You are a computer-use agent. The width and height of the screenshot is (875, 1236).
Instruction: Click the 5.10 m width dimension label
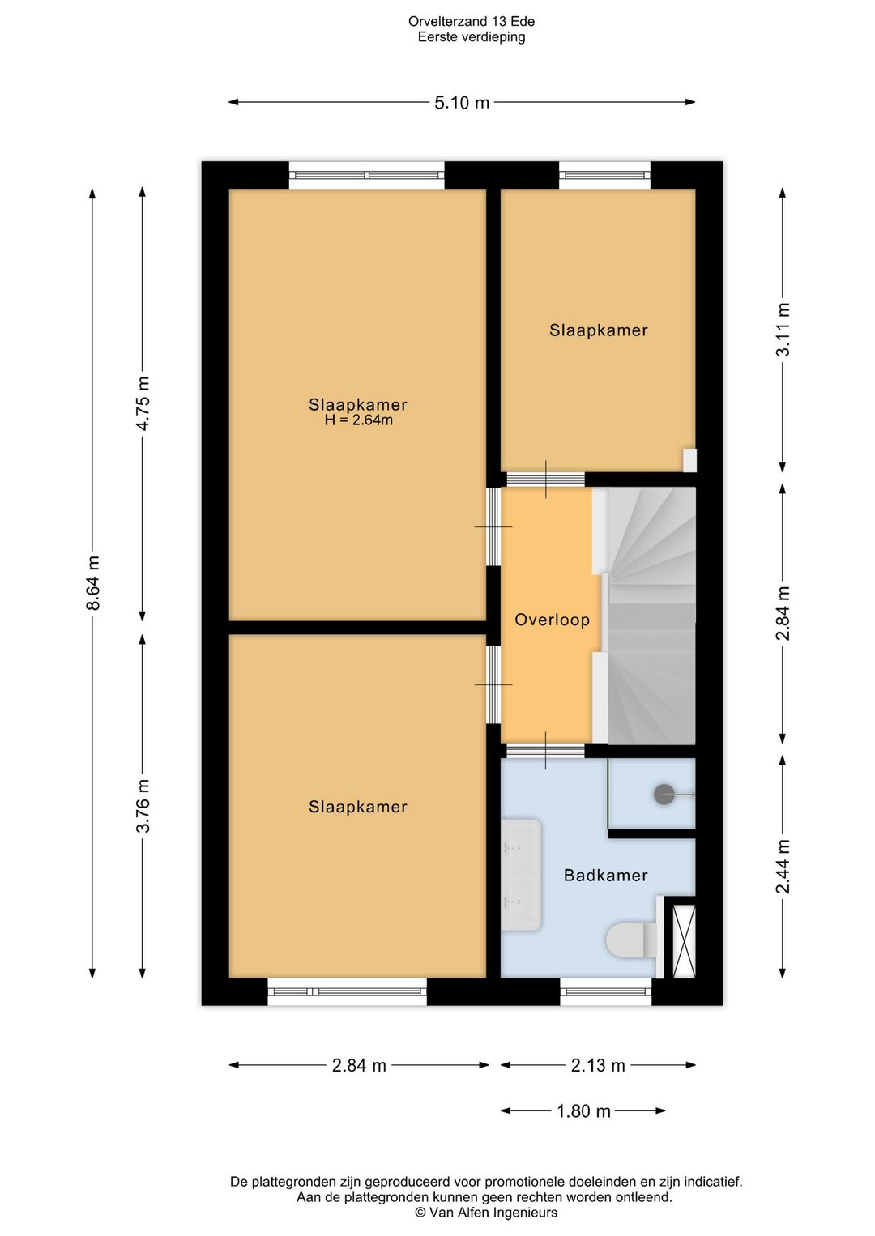[462, 103]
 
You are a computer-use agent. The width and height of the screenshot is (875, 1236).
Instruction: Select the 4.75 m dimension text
[143, 403]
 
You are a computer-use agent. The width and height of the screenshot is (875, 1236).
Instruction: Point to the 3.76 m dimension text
[143, 806]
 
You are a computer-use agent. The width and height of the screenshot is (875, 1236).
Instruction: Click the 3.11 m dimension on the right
[783, 329]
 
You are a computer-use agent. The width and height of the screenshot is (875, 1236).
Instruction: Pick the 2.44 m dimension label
[783, 867]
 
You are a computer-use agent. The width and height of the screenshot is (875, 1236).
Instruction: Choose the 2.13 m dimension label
[598, 1065]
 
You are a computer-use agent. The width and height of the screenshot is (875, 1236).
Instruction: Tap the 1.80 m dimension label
[583, 1110]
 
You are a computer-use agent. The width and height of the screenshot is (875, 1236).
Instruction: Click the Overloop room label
[552, 620]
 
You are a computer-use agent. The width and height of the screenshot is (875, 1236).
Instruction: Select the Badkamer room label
[605, 875]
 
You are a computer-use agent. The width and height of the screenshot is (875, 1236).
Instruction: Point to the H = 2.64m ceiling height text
[358, 420]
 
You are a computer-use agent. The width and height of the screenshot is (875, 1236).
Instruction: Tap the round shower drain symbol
[664, 795]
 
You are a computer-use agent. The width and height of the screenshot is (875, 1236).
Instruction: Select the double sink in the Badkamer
[521, 875]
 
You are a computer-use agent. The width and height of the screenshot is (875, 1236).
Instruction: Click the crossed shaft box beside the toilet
[684, 941]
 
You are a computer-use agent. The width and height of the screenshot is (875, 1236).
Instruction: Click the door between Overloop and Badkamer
[546, 750]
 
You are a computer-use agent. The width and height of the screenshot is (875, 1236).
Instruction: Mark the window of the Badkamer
[605, 991]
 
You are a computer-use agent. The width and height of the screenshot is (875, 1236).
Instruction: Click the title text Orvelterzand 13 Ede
[471, 22]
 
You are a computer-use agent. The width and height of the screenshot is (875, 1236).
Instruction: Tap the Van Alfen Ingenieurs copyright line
[486, 1212]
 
